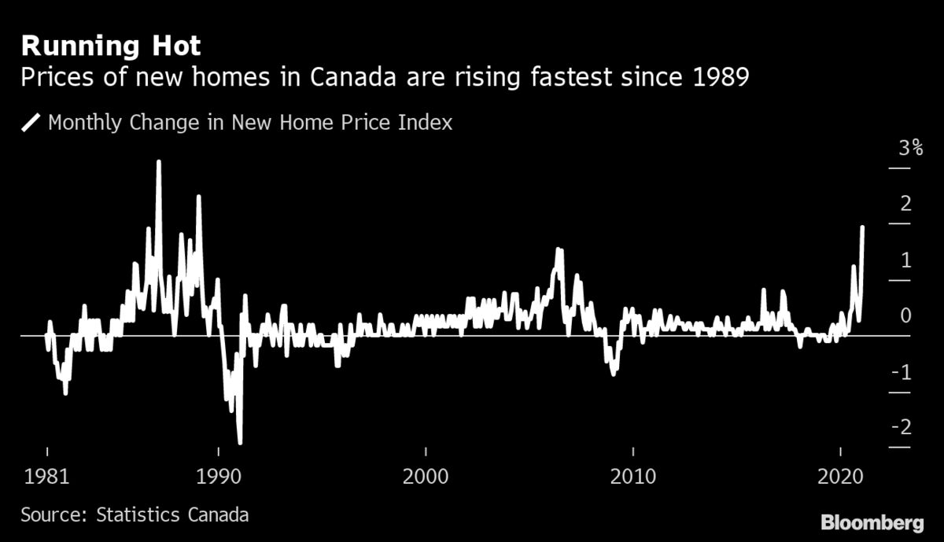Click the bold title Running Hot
point(110,46)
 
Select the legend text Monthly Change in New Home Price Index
point(250,123)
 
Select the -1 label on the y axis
point(902,371)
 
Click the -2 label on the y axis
point(902,427)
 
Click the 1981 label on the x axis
point(47,477)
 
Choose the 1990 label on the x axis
point(218,477)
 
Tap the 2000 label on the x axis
point(426,477)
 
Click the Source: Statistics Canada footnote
point(135,515)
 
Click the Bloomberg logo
point(872,522)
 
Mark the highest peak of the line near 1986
point(158,163)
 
